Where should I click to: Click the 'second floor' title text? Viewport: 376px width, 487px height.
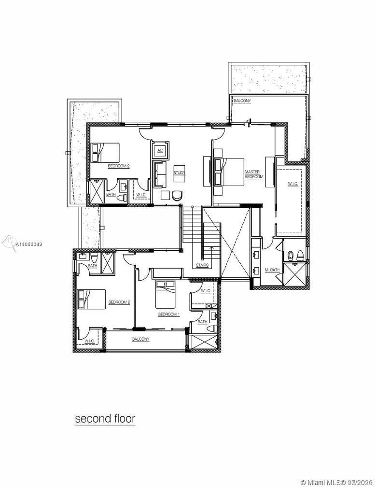pyautogui.click(x=105, y=418)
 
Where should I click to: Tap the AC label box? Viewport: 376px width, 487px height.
pyautogui.click(x=160, y=150)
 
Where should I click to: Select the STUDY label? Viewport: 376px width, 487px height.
pyautogui.click(x=180, y=172)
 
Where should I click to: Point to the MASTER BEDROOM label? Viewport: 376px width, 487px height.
pyautogui.click(x=254, y=174)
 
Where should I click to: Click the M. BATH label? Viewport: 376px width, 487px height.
pyautogui.click(x=272, y=269)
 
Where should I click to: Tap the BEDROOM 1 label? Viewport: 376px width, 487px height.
pyautogui.click(x=169, y=314)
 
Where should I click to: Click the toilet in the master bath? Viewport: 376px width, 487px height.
pyautogui.click(x=300, y=255)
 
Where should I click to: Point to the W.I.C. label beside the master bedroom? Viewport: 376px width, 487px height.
pyautogui.click(x=293, y=184)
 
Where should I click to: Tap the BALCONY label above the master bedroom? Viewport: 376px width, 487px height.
pyautogui.click(x=241, y=101)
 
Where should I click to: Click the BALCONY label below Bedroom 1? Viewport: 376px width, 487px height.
pyautogui.click(x=140, y=339)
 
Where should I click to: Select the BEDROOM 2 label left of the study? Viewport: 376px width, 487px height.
pyautogui.click(x=119, y=166)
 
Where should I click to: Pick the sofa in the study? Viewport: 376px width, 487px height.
pyautogui.click(x=160, y=174)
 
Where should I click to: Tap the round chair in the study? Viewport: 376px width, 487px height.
pyautogui.click(x=177, y=195)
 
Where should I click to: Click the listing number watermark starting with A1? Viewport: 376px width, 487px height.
pyautogui.click(x=29, y=245)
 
